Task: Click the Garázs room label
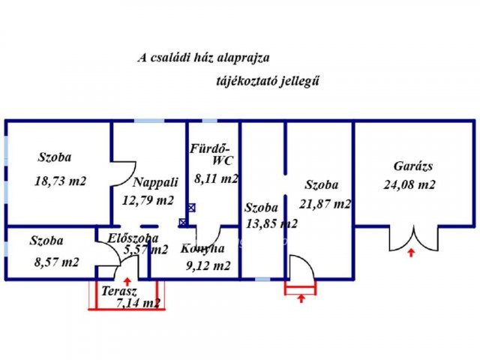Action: (x=413, y=166)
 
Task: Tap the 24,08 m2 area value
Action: (x=409, y=184)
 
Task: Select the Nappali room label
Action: (x=155, y=181)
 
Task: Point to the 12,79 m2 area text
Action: (x=148, y=200)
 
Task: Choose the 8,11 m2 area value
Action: (x=216, y=178)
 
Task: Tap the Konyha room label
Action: (x=202, y=248)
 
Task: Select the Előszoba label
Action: (x=133, y=238)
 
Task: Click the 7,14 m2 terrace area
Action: (x=139, y=303)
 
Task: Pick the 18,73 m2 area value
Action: (x=60, y=181)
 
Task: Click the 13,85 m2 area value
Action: (x=271, y=223)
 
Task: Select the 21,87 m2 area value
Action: (x=325, y=203)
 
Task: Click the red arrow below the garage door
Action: (x=410, y=253)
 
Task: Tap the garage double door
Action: (x=412, y=237)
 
